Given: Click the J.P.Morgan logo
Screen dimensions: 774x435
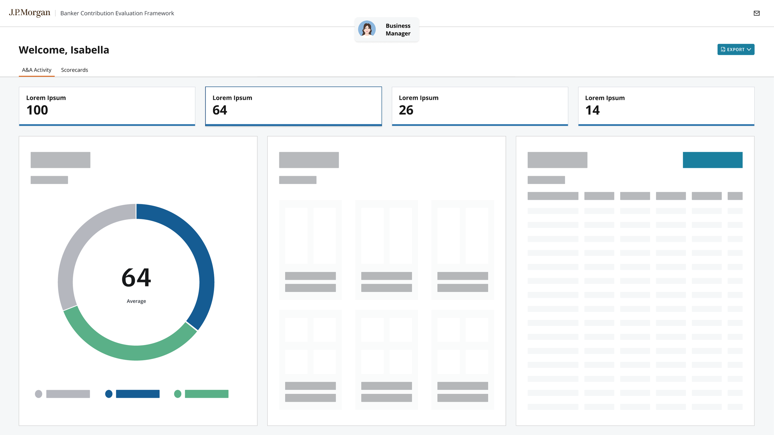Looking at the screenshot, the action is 29,13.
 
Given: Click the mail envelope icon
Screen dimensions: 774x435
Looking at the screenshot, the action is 756,13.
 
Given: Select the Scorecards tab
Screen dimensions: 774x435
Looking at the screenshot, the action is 75,70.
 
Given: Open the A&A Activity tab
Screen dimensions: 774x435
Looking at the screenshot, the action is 37,70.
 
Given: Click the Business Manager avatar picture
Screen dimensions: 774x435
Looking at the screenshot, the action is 367,29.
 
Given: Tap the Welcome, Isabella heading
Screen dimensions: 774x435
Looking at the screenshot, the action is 64,50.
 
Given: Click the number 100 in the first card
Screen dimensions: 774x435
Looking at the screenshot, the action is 37,110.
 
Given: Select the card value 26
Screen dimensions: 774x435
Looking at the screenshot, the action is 406,110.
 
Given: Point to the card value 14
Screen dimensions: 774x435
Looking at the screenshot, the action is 592,110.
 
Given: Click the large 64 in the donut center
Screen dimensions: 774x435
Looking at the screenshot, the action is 136,278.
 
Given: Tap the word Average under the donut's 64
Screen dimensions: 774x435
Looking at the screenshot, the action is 136,301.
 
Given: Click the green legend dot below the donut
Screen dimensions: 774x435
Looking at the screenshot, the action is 178,394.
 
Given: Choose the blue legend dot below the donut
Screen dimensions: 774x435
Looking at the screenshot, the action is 109,394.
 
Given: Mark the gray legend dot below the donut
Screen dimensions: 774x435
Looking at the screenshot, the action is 38,394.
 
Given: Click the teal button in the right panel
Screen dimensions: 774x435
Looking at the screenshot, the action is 712,160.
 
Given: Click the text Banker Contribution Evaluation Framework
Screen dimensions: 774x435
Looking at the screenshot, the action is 117,13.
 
